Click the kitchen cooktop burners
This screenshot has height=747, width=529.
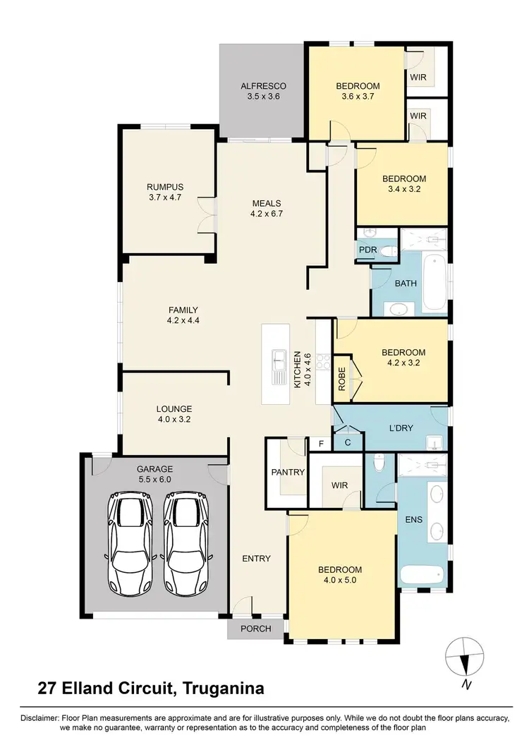[323, 360]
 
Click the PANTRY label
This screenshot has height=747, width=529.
[287, 473]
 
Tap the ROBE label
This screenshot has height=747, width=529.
[342, 379]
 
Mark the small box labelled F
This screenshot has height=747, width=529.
[322, 444]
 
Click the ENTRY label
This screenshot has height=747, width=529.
[256, 559]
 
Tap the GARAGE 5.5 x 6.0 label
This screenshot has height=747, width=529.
[154, 473]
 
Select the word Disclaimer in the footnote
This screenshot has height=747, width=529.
[30, 717]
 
